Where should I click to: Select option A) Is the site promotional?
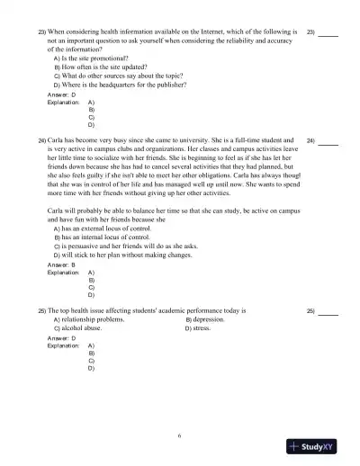(x=94, y=58)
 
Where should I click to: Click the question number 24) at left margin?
(x=41, y=141)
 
